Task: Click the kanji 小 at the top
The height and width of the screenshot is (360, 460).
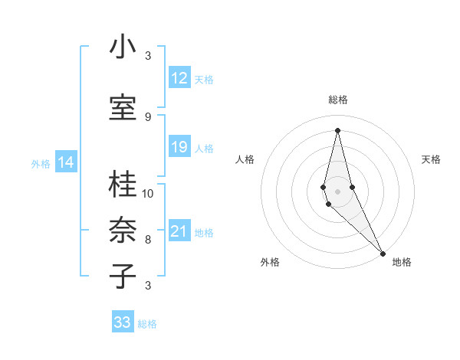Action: click(x=123, y=47)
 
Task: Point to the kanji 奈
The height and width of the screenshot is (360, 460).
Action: click(x=123, y=230)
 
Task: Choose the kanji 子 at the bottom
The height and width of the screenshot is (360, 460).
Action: click(x=123, y=276)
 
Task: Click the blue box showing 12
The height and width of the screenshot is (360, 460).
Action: click(x=179, y=78)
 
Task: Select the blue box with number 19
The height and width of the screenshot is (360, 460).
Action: click(x=179, y=147)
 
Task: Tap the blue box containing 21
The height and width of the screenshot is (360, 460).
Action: click(x=179, y=231)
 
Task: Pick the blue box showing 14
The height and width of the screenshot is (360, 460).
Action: click(x=66, y=162)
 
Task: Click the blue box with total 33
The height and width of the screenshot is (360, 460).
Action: click(x=123, y=322)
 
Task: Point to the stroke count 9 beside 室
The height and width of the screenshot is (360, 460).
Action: click(x=148, y=116)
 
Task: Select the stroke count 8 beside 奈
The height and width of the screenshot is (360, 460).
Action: click(x=148, y=239)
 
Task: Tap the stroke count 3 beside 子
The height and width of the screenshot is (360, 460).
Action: click(x=148, y=285)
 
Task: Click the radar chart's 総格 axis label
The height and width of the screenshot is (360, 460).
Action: click(x=337, y=100)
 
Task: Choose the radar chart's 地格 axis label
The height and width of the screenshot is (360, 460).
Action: click(x=402, y=262)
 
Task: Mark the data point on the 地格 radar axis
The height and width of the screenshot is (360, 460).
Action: click(x=383, y=252)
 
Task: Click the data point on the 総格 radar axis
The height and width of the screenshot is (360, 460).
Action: click(x=337, y=130)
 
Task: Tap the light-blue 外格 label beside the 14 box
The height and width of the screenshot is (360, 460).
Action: click(x=40, y=163)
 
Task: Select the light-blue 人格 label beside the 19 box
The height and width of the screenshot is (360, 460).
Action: click(x=204, y=148)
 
